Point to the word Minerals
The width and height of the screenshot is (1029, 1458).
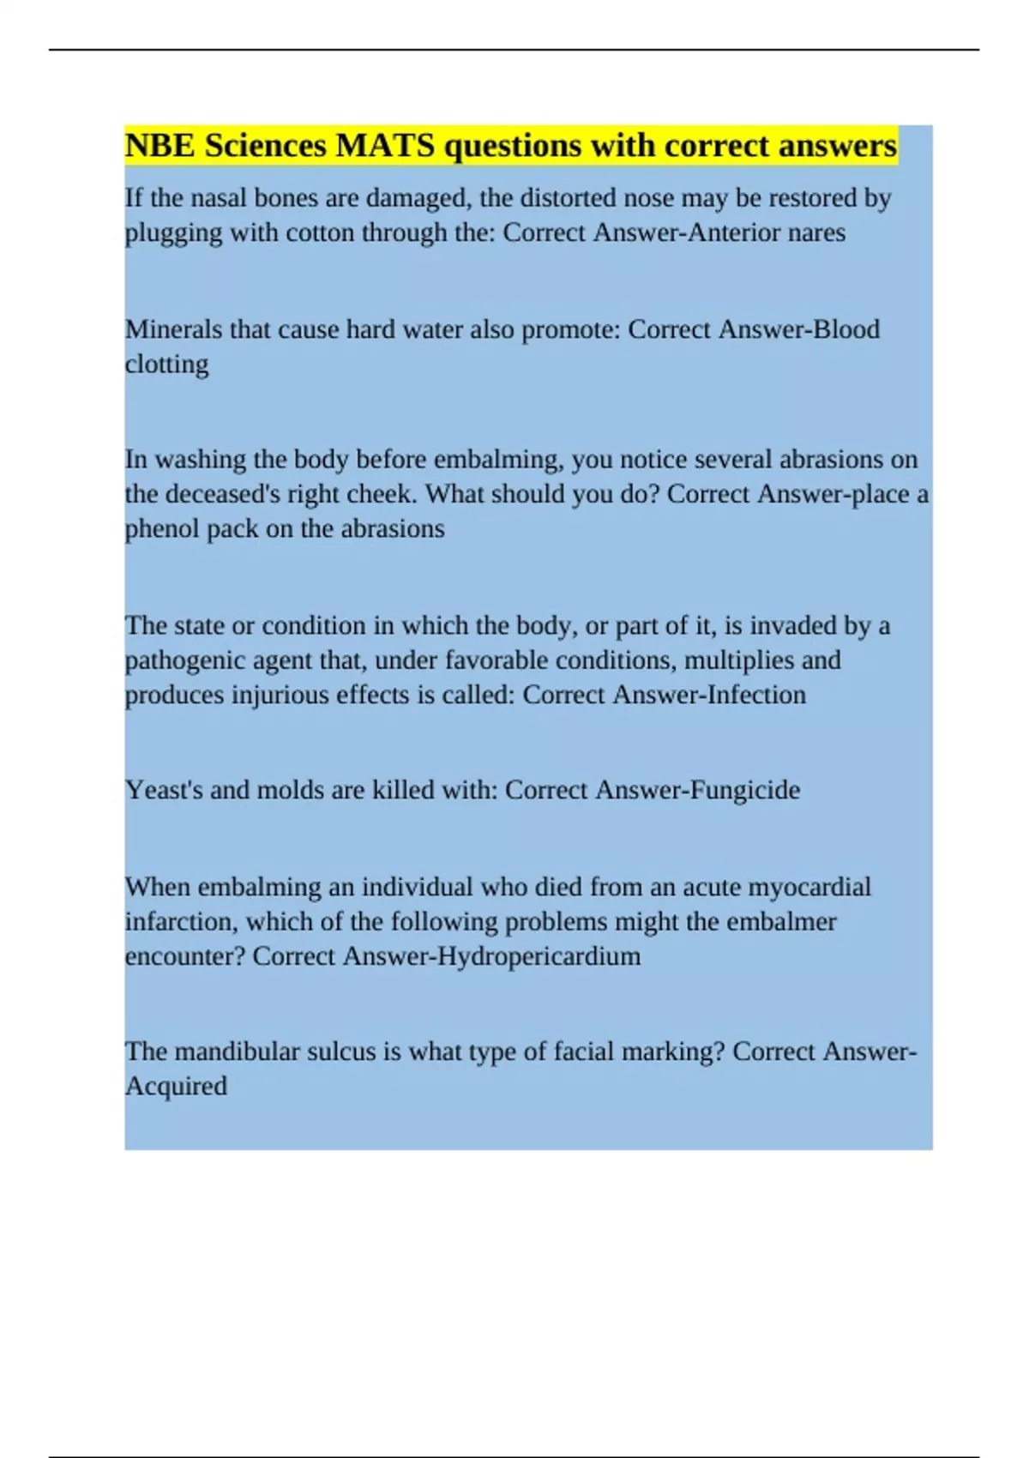pos(173,329)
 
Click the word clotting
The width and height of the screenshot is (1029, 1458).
pos(166,364)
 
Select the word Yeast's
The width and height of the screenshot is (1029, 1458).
pos(164,790)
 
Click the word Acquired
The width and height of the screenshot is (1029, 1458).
pos(176,1087)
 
